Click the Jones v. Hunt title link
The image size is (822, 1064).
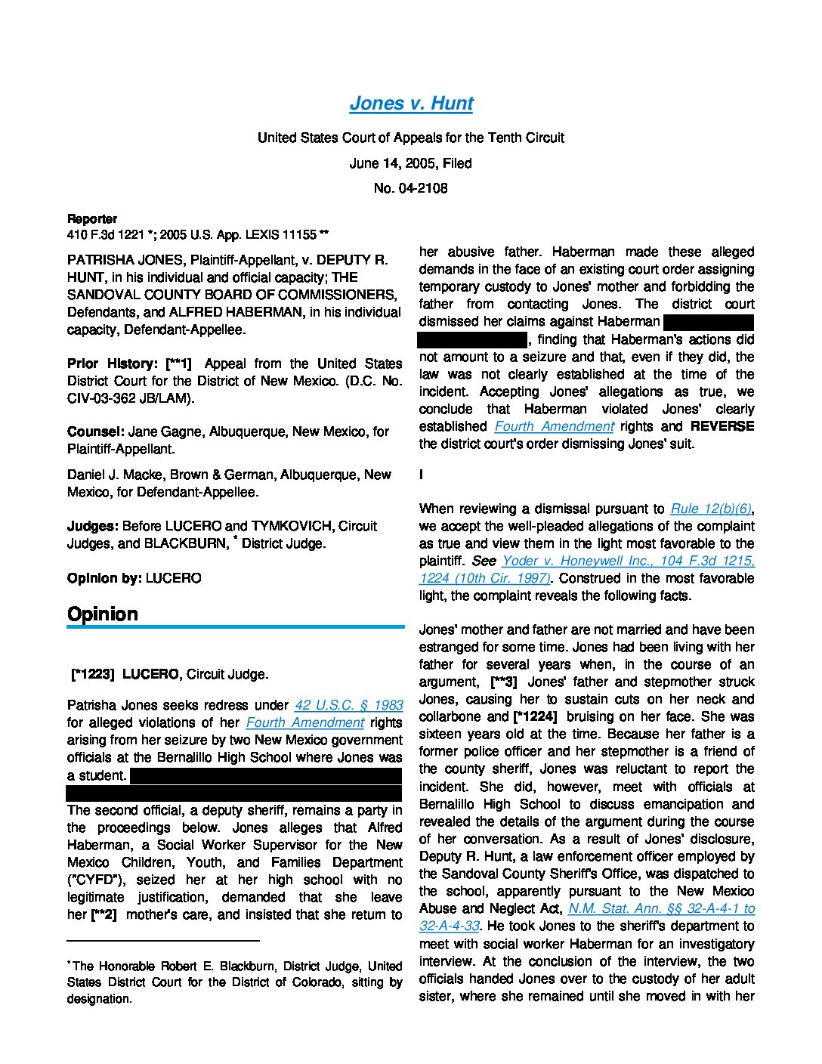pos(411,104)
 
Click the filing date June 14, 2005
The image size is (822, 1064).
pos(410,163)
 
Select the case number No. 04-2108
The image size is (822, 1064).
pos(410,188)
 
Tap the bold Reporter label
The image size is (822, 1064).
pos(92,219)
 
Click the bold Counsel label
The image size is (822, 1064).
pos(95,431)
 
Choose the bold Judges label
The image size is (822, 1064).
pos(93,526)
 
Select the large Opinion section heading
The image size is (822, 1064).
pos(103,614)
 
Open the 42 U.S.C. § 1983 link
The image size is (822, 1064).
pos(348,705)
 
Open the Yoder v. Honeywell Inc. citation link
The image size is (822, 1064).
pos(628,561)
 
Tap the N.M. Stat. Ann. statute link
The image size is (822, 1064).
pos(661,908)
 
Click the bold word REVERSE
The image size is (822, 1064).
pos(722,426)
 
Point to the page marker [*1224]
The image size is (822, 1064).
pos(535,716)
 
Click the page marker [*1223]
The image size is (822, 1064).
pos(92,674)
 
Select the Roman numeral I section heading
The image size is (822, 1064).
pos(421,475)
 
